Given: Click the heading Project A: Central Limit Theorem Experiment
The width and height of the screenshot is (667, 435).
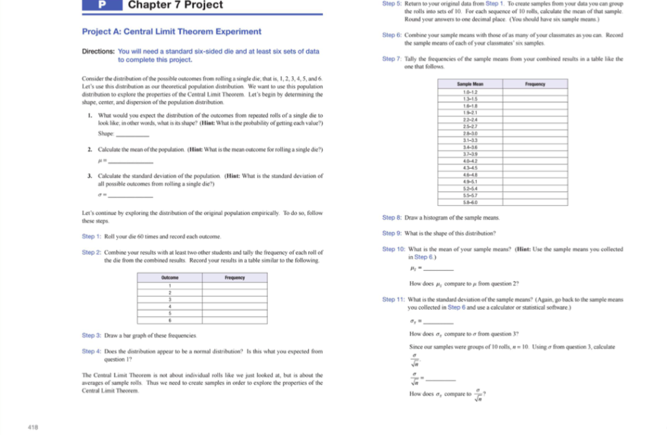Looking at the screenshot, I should [x=171, y=31].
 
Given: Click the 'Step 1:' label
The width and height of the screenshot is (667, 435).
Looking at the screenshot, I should [x=91, y=236].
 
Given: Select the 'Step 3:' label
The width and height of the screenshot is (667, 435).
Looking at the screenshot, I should [x=91, y=335].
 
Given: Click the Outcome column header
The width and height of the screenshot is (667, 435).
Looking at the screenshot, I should [x=170, y=277].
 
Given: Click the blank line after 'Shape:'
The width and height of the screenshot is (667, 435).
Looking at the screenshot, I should [x=132, y=134].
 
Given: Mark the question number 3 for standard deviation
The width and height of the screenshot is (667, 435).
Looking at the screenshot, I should [x=89, y=176].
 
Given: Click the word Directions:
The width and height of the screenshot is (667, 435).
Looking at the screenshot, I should [x=98, y=51].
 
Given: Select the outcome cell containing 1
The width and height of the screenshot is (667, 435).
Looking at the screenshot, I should [x=170, y=285].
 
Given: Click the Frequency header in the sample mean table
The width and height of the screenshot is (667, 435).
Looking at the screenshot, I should [x=535, y=84].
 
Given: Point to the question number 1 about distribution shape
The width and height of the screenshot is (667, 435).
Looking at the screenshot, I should [x=89, y=115].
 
